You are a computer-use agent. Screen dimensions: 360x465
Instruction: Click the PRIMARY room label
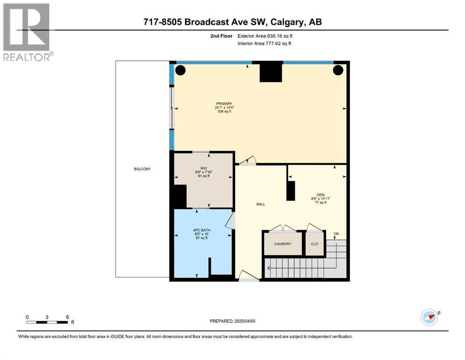pyautogui.click(x=224, y=104)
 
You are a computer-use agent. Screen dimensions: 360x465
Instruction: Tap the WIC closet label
pyautogui.click(x=204, y=167)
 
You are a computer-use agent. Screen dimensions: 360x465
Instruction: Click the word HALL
pyautogui.click(x=260, y=204)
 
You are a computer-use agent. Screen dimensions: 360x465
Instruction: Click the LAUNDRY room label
pyautogui.click(x=282, y=244)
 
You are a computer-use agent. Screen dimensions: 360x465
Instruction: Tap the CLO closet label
pyautogui.click(x=314, y=244)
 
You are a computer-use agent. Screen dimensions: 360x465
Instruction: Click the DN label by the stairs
pyautogui.click(x=336, y=234)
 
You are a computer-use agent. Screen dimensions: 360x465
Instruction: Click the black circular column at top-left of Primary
pyautogui.click(x=180, y=70)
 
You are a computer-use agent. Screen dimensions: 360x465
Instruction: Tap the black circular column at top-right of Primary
pyautogui.click(x=338, y=70)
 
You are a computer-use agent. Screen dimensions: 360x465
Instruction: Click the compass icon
pyautogui.click(x=429, y=317)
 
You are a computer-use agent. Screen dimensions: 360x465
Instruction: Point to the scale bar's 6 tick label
pyautogui.click(x=67, y=317)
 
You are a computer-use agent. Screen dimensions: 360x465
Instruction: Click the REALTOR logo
pyautogui.click(x=28, y=32)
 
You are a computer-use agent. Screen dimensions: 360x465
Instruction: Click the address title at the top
pyautogui.click(x=232, y=22)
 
